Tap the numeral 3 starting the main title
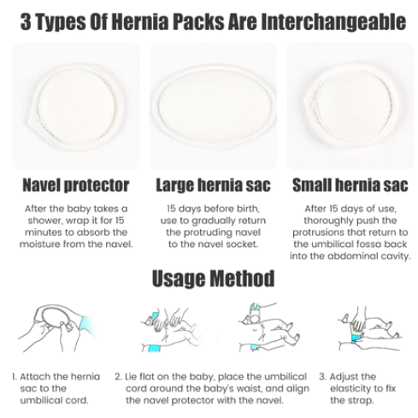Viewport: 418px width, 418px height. coord(26,22)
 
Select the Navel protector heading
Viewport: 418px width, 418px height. coord(76,185)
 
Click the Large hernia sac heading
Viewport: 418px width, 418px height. coord(213,185)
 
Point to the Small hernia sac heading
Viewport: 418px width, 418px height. coord(350,185)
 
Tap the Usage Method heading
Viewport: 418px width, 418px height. coord(213,279)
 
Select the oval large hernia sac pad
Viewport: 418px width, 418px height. coord(214,109)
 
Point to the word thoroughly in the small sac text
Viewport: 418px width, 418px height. coord(327,221)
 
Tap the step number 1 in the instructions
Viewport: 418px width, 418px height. coord(15,377)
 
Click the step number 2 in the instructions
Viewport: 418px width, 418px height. coord(118,377)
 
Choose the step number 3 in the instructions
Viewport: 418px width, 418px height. coord(322,377)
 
